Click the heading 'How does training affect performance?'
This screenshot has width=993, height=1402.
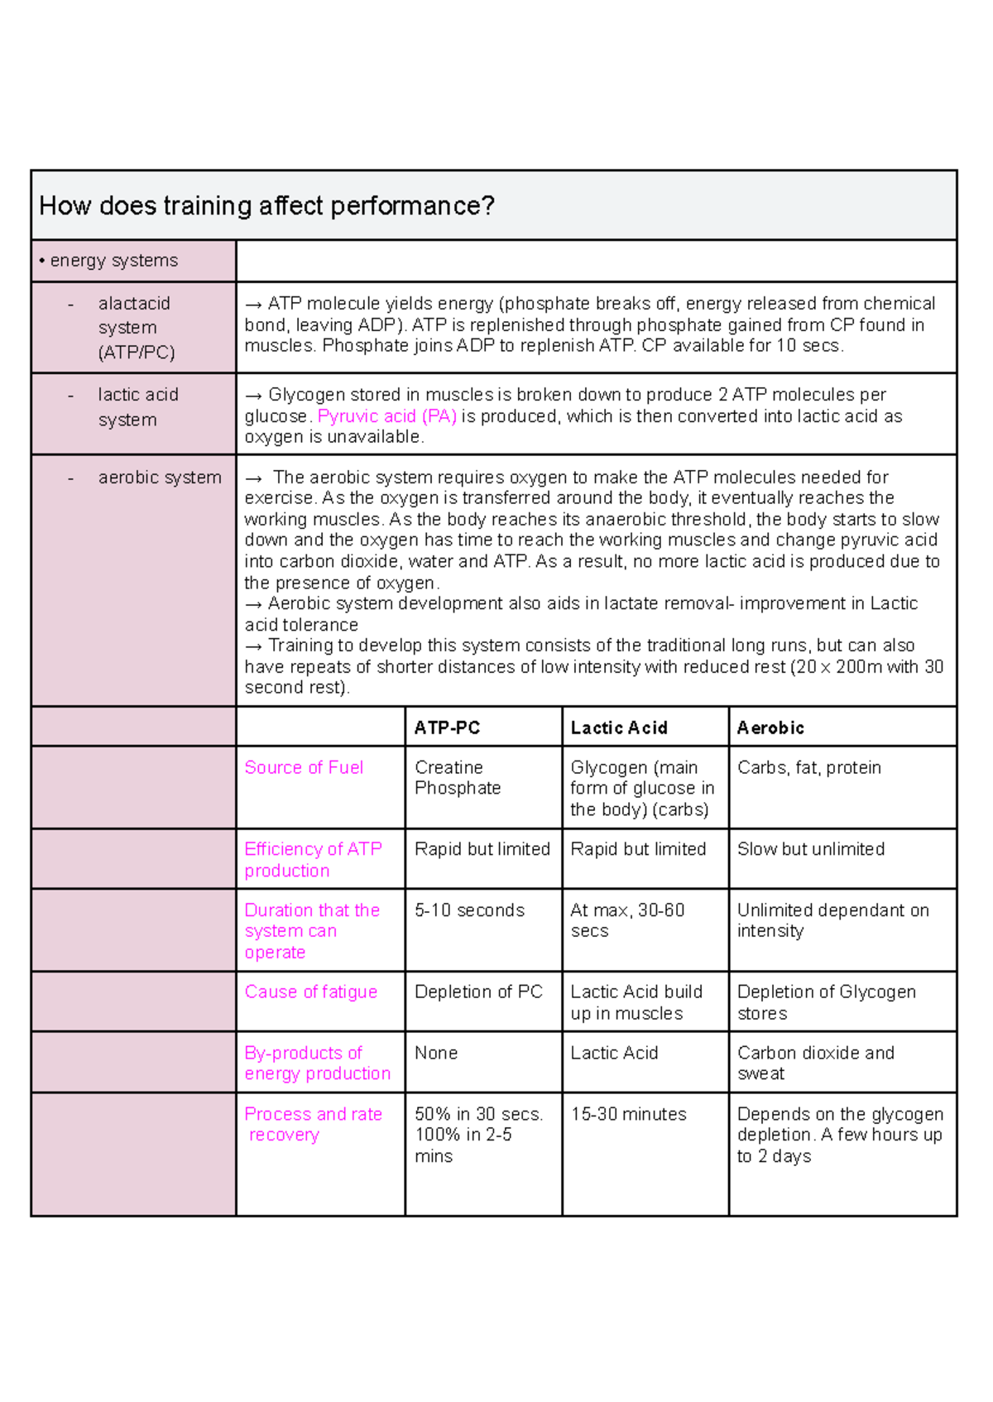(266, 205)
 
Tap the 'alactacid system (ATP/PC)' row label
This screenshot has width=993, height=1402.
(136, 328)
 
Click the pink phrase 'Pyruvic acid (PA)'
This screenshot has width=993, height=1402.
(386, 416)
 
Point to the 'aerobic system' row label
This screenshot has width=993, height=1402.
(159, 478)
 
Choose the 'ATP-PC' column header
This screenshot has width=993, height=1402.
(447, 727)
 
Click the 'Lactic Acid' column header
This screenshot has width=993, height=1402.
(618, 727)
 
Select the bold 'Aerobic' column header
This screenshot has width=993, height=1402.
(770, 727)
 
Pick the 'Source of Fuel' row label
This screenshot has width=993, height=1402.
(304, 767)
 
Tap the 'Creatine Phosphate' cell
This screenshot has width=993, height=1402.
(457, 778)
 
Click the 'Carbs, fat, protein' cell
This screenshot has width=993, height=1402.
(808, 767)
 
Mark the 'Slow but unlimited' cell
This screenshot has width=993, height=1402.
(810, 849)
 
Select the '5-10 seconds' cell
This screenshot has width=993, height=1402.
(469, 910)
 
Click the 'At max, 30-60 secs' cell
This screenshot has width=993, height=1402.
(626, 920)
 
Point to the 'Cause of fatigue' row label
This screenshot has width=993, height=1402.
(310, 991)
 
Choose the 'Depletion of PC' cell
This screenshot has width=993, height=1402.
(478, 991)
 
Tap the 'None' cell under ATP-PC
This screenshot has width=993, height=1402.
(436, 1053)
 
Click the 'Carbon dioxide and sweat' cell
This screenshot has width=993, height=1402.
(815, 1063)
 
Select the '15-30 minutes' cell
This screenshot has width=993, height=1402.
(628, 1114)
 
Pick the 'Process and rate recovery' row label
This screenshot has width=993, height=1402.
(312, 1124)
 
